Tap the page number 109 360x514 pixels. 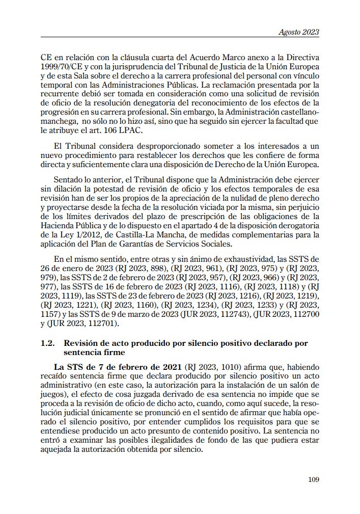[314, 479]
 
